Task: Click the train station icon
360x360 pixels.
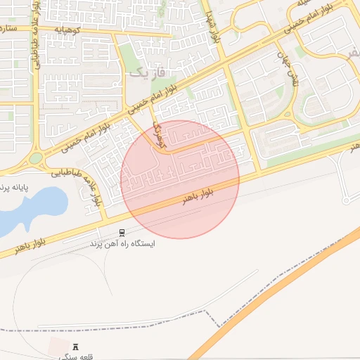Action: coord(123,233)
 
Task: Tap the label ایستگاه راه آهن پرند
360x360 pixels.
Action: coord(122,244)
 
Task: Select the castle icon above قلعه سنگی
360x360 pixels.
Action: coord(77,347)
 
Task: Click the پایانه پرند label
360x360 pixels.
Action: coord(17,188)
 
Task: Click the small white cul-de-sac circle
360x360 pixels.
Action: coord(346,202)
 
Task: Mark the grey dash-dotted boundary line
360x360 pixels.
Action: coord(211,320)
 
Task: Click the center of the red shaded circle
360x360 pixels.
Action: coord(181,179)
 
